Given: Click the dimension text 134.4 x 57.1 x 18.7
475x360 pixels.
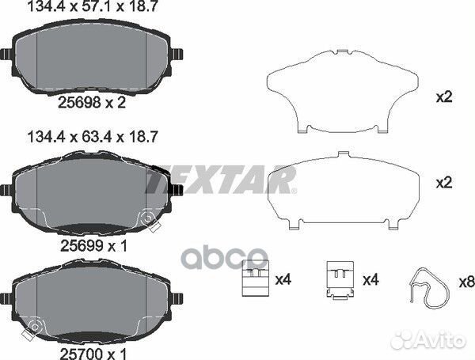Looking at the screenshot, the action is [x=93, y=6].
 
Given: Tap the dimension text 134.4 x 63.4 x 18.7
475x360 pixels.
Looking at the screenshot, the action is [x=93, y=137].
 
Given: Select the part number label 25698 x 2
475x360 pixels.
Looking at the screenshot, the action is [x=92, y=103].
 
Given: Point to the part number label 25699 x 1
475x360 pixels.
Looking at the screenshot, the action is [x=94, y=245].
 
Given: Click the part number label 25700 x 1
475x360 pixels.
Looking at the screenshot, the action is [x=93, y=354].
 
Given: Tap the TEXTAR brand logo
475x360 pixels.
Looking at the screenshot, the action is [x=221, y=180].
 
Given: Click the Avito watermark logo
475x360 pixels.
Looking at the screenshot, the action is [x=428, y=339].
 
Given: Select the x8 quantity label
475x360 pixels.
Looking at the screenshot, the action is [x=466, y=282].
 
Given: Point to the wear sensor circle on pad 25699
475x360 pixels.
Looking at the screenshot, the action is [x=148, y=218].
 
